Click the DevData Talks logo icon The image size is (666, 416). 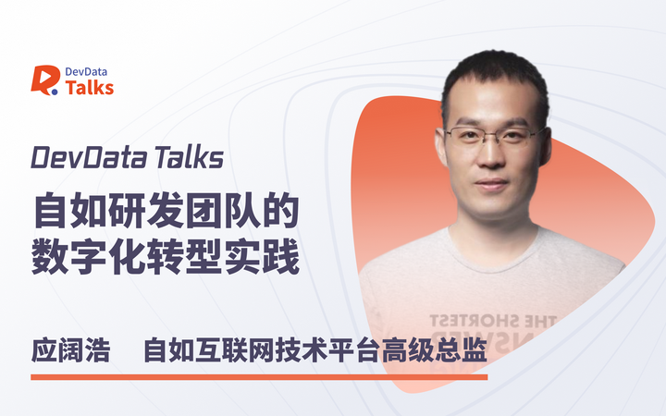point(44,80)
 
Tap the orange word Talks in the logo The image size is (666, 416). point(90,87)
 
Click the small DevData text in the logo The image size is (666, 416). point(90,70)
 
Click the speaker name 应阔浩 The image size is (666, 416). point(69,351)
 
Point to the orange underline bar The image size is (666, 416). point(259,376)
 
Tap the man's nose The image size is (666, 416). point(503,157)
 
